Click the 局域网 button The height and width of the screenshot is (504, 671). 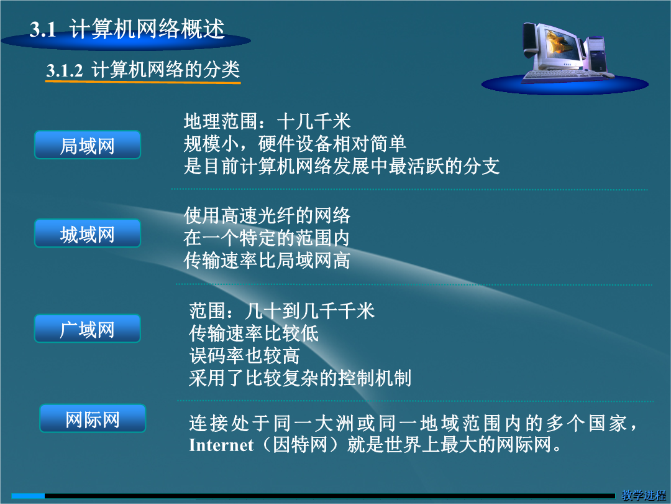(x=88, y=145)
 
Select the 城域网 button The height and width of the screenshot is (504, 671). (x=88, y=233)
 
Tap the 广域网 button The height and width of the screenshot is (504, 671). (x=88, y=329)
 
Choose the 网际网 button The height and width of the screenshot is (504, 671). (x=93, y=418)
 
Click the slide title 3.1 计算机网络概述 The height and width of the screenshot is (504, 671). (x=127, y=29)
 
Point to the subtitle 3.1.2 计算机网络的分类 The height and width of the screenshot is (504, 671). (x=143, y=70)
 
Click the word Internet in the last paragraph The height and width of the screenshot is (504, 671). (x=221, y=446)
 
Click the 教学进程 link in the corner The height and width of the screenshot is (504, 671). (x=644, y=495)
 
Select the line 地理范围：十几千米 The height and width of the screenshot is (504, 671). (x=267, y=122)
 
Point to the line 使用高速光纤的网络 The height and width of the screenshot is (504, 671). (x=267, y=215)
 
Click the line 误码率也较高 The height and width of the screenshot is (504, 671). (x=244, y=356)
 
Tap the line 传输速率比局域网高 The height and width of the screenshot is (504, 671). (x=267, y=260)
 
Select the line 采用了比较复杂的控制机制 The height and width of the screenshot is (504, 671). (x=300, y=378)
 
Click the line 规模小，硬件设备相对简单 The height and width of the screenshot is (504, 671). (x=295, y=144)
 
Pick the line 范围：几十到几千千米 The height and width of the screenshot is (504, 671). (x=282, y=310)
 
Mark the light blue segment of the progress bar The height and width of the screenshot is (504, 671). (x=28, y=496)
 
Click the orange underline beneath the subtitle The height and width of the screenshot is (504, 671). (x=143, y=82)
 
